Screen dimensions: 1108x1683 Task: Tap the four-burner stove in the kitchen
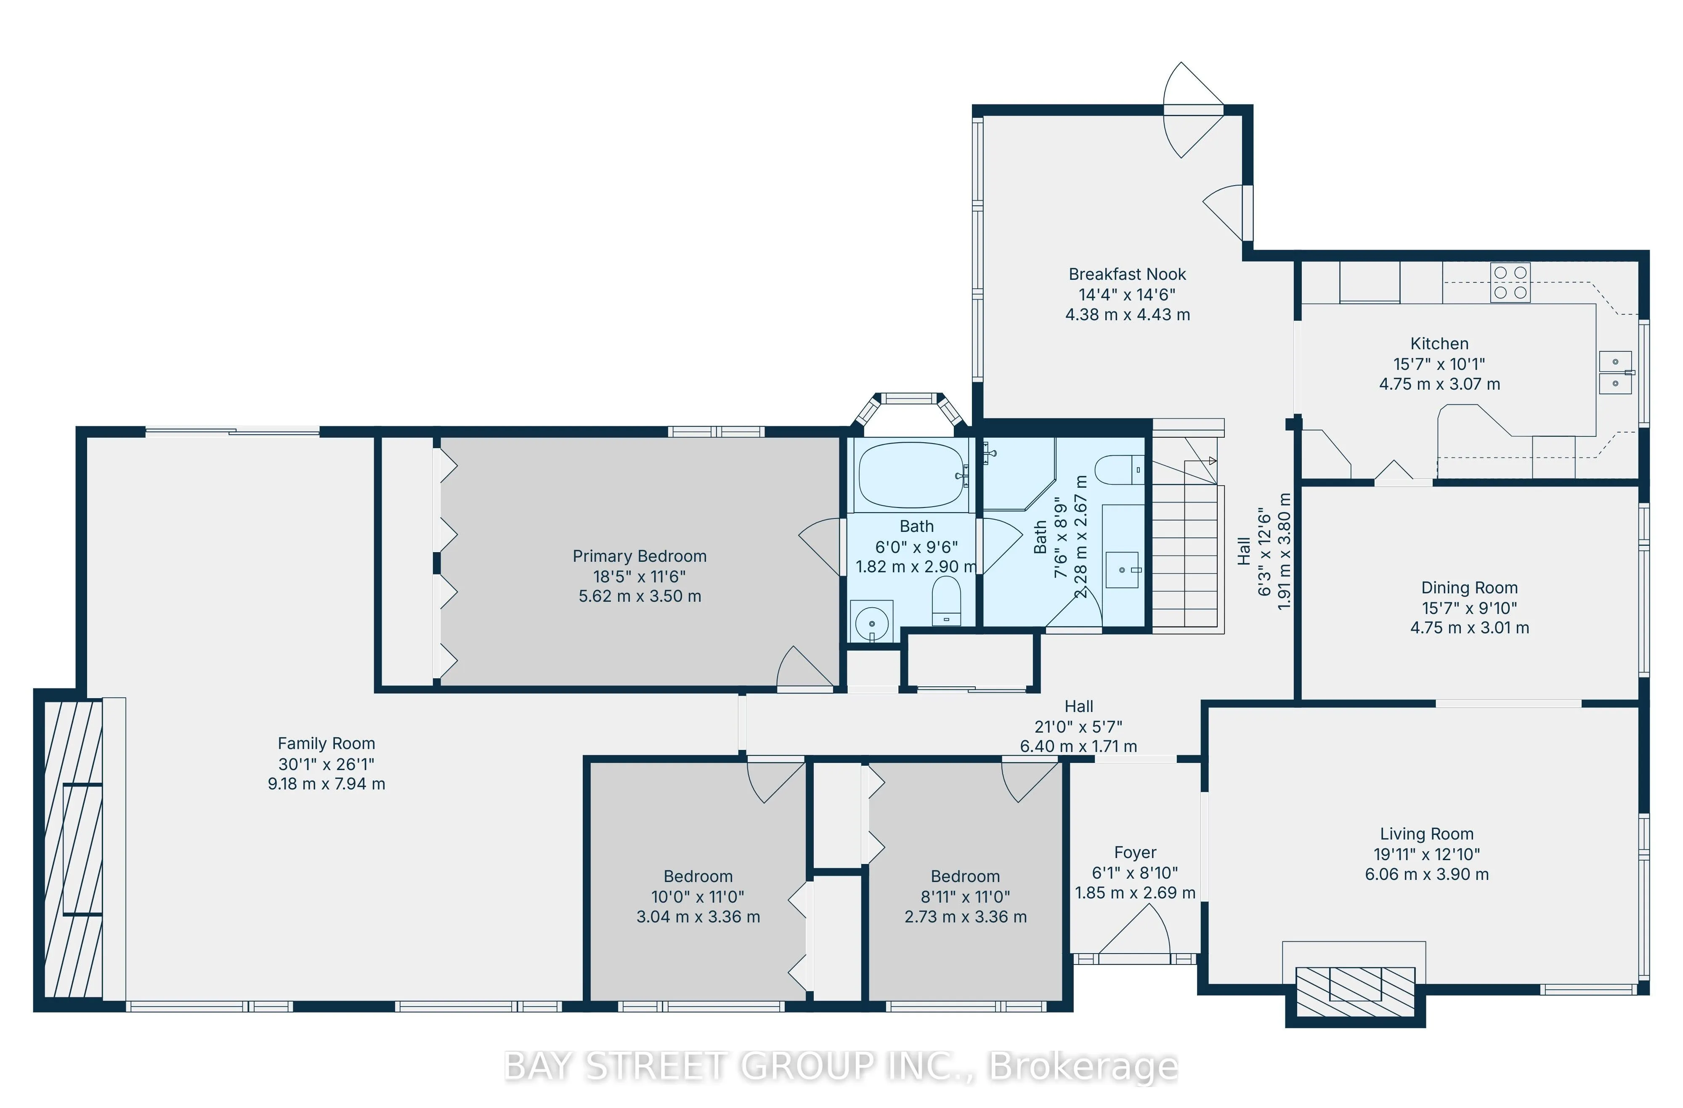(1510, 282)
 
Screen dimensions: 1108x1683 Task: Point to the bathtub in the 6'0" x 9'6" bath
(911, 475)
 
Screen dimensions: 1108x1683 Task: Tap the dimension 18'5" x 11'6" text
(639, 576)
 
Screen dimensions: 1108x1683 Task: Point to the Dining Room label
(1469, 587)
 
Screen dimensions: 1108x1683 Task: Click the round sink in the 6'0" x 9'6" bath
(871, 623)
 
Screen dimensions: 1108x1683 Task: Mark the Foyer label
(1134, 853)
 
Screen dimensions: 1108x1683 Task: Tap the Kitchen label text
(1439, 344)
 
